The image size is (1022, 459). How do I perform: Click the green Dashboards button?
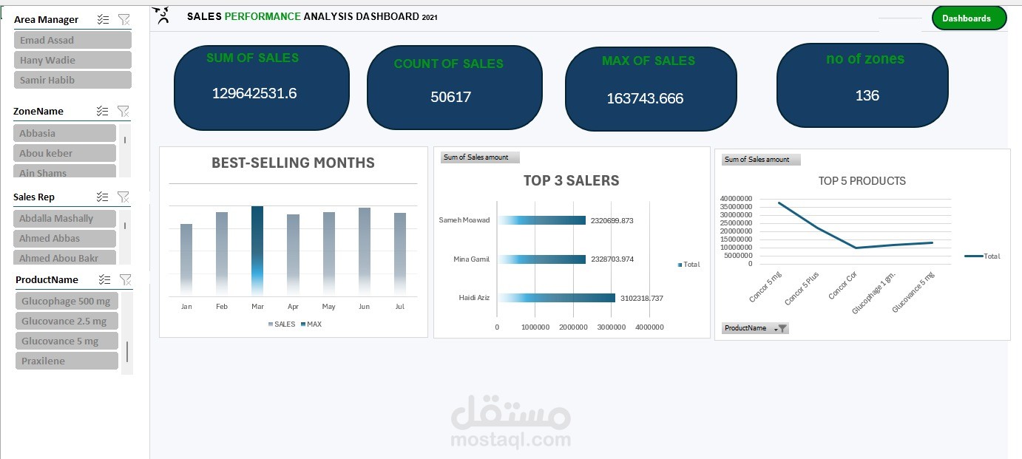(x=969, y=18)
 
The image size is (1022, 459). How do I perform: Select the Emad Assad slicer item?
(x=72, y=40)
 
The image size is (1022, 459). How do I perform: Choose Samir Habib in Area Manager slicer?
(x=72, y=80)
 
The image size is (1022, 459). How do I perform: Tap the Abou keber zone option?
(x=64, y=153)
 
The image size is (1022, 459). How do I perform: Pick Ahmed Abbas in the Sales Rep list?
(x=64, y=238)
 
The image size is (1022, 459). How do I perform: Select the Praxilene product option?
(x=66, y=361)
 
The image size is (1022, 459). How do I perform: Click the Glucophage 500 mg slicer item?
(x=66, y=301)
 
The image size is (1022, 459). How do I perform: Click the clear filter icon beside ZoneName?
(x=123, y=111)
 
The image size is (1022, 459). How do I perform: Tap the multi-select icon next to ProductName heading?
(x=105, y=279)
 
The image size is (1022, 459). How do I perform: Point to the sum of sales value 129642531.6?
(x=254, y=93)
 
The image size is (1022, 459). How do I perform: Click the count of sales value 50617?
(x=450, y=97)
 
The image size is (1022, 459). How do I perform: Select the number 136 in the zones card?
(x=867, y=95)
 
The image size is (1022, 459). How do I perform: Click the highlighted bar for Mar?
(x=257, y=251)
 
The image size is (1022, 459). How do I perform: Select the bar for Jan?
(x=186, y=259)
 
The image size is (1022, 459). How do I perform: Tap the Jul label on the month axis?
(x=400, y=306)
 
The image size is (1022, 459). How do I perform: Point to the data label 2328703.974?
(x=612, y=259)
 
